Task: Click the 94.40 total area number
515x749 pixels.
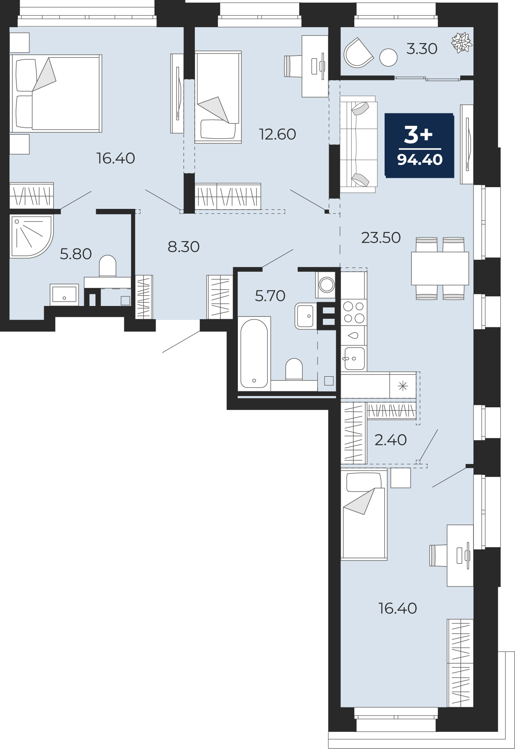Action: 420,160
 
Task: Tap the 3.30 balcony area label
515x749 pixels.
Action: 422,49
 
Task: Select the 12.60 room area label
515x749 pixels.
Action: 277,134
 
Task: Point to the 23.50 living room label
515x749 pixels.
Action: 381,238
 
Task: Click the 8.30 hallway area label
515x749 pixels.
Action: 184,247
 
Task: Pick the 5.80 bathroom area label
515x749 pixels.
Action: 76,254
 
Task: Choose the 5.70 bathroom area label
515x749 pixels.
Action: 270,296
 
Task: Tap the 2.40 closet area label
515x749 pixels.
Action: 390,440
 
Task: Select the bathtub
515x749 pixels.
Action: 254,353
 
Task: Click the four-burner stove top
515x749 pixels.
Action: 354,313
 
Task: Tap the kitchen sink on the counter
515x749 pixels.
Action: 354,358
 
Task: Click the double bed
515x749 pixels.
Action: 56,94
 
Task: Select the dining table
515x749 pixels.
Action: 440,268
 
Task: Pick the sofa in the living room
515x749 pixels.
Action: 359,144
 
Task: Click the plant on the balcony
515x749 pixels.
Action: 461,42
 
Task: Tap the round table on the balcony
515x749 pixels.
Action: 388,58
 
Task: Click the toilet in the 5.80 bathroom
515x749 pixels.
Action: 108,266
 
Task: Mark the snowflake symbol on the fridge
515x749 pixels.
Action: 403,386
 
